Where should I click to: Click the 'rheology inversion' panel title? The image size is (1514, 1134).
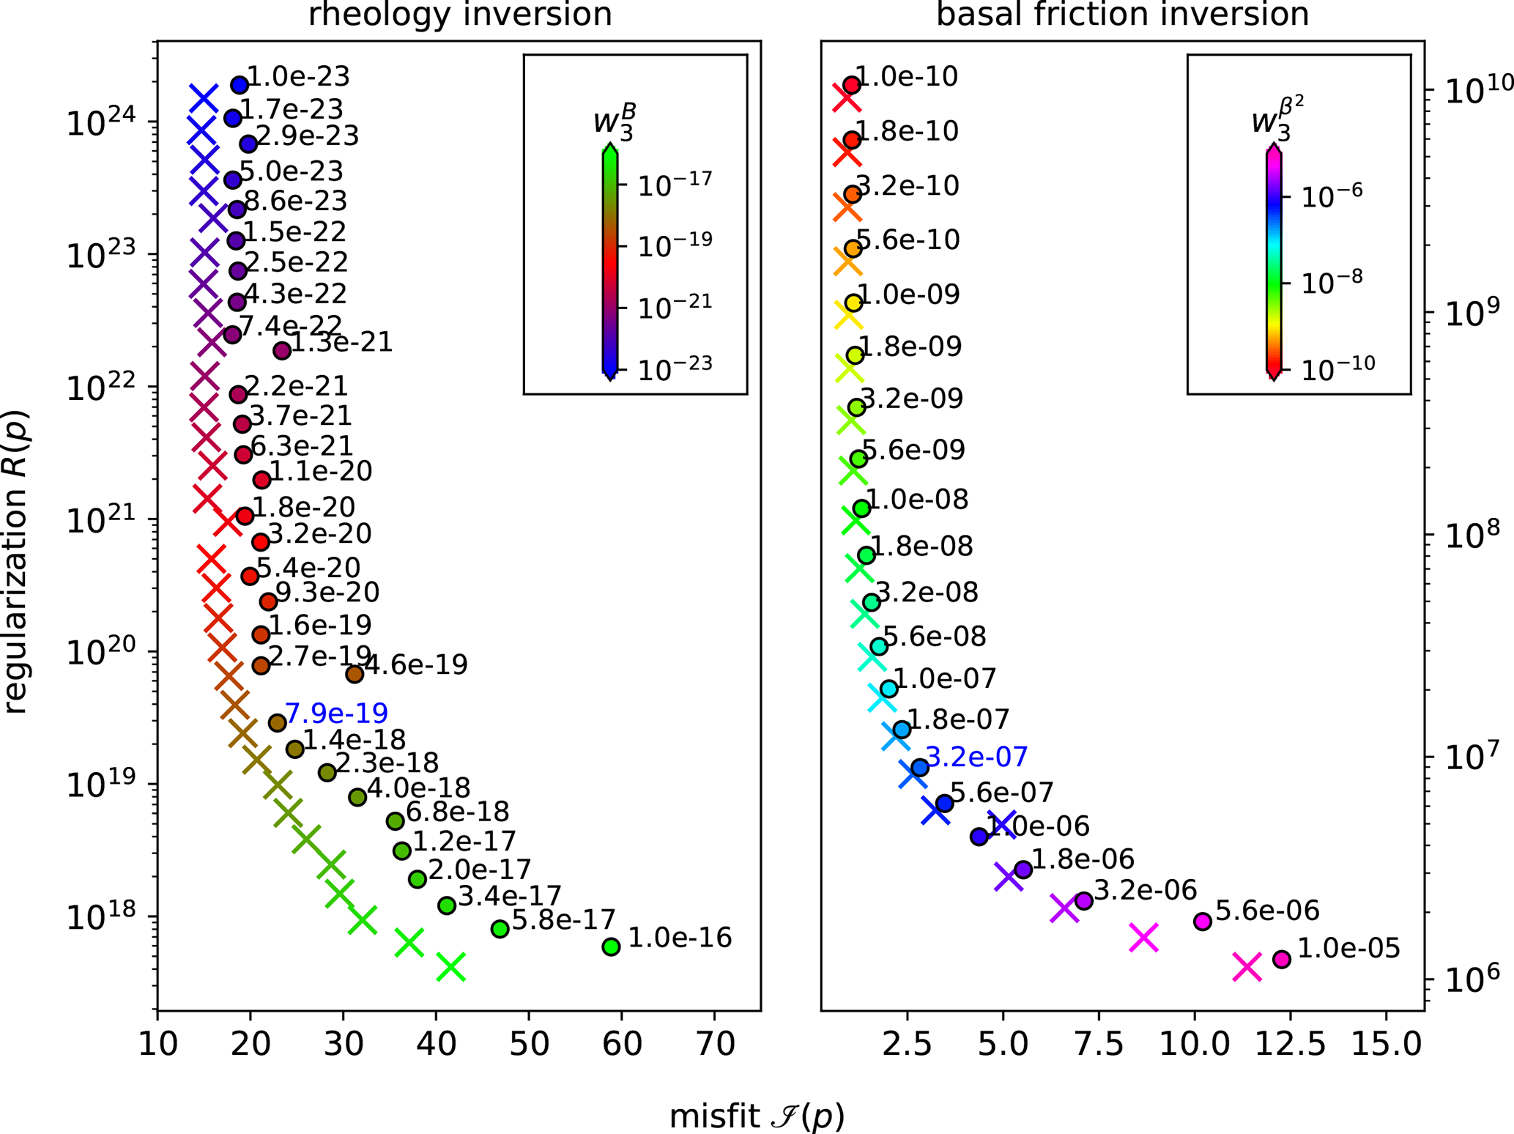coord(459,15)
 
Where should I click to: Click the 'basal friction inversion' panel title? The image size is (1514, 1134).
coord(1122,15)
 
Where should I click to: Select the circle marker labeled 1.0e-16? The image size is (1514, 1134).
coord(611,946)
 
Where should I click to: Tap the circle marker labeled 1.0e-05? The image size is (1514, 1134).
coord(1281,959)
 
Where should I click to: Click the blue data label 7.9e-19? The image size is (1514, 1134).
coord(336,713)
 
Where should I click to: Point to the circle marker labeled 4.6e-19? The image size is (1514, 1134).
coord(355,674)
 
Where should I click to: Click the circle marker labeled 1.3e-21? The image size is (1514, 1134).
coord(282,351)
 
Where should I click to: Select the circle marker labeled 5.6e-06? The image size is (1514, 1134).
coord(1202,922)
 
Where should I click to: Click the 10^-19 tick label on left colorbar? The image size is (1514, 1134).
coord(675,244)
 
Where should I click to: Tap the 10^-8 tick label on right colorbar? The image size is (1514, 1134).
coord(1332,280)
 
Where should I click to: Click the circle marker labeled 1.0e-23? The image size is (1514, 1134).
coord(240,85)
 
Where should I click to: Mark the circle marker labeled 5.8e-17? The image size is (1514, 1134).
coord(500,929)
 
